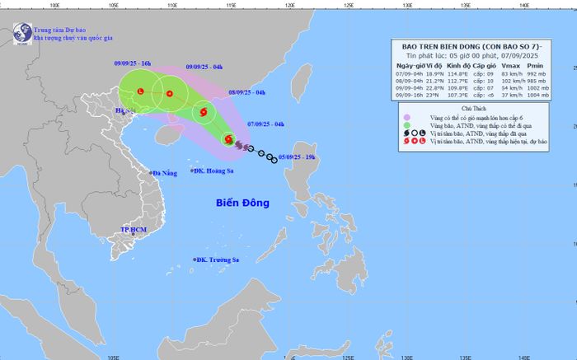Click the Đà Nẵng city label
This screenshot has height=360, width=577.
(x=164, y=173)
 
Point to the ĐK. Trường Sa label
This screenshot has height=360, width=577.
(x=217, y=260)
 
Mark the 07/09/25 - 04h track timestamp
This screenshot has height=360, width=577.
(x=266, y=124)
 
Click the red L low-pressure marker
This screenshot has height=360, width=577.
(x=140, y=90)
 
